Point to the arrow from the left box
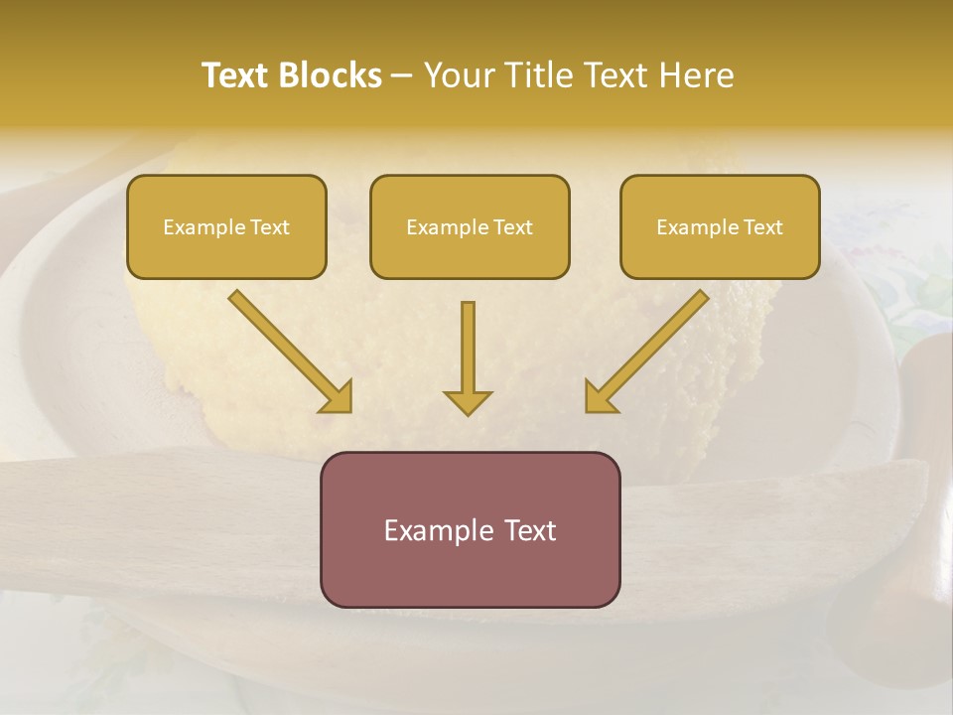click(288, 351)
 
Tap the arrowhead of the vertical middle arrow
click(468, 402)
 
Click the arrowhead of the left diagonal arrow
click(338, 397)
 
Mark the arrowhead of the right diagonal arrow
click(600, 397)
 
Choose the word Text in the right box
click(763, 227)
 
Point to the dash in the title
click(402, 76)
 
